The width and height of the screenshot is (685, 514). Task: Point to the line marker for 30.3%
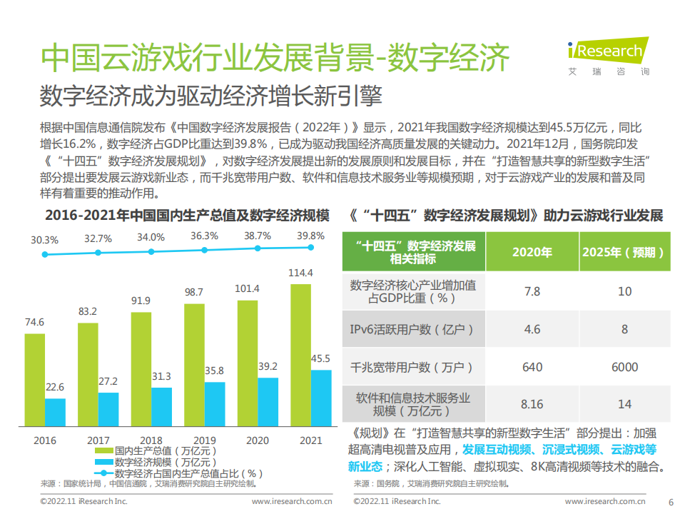coord(45,254)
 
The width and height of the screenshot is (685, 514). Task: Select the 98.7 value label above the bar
coord(194,292)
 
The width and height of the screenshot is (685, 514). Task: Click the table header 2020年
coord(532,252)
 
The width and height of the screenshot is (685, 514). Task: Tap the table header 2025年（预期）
coord(624,252)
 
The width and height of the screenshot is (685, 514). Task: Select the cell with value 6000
coord(624,367)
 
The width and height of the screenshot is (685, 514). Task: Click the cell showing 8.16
coord(532,404)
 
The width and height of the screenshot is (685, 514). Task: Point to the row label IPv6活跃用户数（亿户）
coord(412,330)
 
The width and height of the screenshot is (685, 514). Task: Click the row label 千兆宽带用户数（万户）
coord(412,367)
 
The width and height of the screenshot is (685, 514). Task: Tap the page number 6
coord(670,502)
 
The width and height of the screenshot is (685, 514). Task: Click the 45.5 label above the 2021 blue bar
coord(320,358)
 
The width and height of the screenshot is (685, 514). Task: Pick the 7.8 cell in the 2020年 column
coord(532,291)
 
